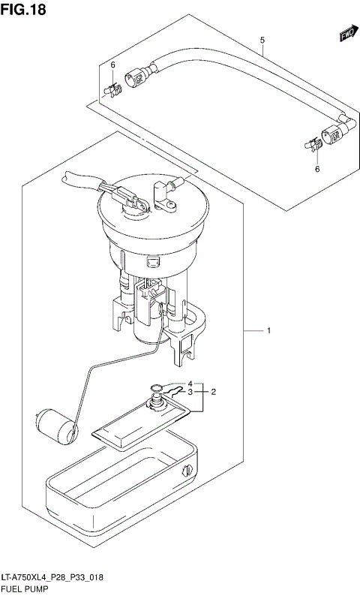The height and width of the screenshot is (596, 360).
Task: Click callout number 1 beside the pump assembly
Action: click(x=268, y=330)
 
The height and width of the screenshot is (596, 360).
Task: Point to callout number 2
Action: click(x=214, y=392)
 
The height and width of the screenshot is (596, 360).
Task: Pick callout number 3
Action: click(x=190, y=392)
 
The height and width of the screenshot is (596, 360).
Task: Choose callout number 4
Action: click(x=190, y=382)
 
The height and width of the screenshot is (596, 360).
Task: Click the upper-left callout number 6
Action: click(x=112, y=65)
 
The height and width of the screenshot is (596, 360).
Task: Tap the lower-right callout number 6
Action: click(x=317, y=170)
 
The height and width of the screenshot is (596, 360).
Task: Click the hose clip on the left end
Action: click(x=112, y=91)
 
